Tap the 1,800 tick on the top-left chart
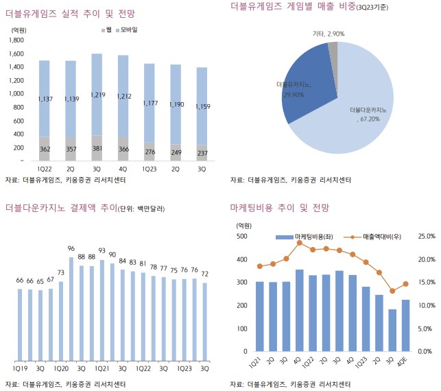tap(17, 40)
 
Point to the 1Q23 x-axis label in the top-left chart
tap(149, 167)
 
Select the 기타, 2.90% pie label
tap(328, 33)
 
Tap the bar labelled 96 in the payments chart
tap(71, 309)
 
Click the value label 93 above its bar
tap(102, 251)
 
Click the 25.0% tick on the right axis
tap(426, 237)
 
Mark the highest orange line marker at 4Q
tap(300, 243)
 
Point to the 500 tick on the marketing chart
tap(241, 237)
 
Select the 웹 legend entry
tap(108, 31)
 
